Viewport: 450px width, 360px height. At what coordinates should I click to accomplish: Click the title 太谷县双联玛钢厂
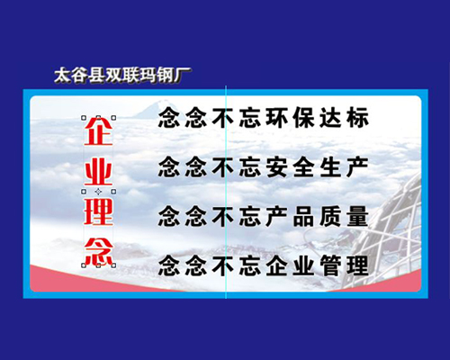[x=122, y=76]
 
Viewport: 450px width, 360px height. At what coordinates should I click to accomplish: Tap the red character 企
[x=98, y=131]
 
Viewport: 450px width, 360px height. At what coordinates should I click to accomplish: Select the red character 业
[x=98, y=172]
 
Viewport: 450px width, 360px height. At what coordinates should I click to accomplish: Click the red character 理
[x=98, y=211]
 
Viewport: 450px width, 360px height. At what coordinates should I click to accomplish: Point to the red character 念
[x=98, y=252]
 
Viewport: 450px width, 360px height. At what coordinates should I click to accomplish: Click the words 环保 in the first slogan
[x=289, y=118]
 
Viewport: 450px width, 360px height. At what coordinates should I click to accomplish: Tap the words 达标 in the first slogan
[x=344, y=118]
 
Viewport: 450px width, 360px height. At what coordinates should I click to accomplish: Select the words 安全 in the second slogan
[x=289, y=166]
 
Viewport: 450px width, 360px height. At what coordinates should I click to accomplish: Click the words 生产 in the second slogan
[x=344, y=166]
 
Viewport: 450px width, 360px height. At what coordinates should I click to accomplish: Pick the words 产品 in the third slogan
[x=289, y=216]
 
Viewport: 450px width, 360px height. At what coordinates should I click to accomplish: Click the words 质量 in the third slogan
[x=344, y=216]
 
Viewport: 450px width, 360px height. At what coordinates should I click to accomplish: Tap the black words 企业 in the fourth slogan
[x=289, y=265]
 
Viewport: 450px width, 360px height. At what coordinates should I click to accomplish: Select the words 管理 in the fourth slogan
[x=344, y=265]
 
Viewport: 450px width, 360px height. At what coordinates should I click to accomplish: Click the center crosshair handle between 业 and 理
[x=98, y=192]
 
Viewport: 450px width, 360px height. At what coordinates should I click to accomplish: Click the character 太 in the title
[x=62, y=76]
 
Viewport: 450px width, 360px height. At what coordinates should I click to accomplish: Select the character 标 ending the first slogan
[x=357, y=118]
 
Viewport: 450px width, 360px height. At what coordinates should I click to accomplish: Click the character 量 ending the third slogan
[x=357, y=216]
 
